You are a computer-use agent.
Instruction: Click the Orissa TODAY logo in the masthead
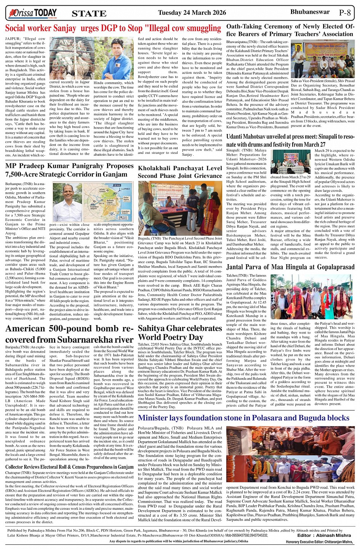click(33, 13)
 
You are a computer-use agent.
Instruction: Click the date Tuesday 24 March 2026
click(192, 13)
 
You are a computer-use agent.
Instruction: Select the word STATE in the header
click(89, 14)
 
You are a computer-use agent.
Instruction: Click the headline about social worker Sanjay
click(113, 28)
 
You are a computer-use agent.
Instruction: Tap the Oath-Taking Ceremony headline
click(290, 30)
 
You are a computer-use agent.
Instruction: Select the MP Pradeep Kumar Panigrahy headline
click(69, 170)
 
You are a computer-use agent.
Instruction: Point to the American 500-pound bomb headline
click(69, 334)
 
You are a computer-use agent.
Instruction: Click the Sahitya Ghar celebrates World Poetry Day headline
click(174, 332)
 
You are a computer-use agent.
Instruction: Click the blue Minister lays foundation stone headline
click(244, 418)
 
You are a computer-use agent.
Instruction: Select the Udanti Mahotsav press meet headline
click(290, 140)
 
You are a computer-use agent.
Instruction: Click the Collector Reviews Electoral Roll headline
click(69, 467)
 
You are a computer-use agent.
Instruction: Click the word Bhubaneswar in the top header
click(310, 12)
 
